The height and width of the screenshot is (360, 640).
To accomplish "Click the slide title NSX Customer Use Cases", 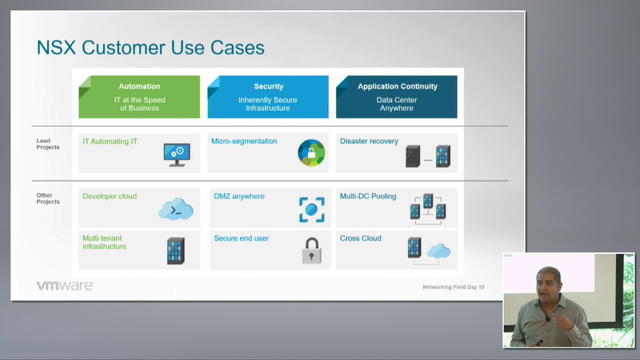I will click(x=150, y=47).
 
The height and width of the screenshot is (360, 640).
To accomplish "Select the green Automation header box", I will click(x=139, y=96).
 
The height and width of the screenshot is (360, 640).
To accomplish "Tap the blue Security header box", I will click(x=268, y=96).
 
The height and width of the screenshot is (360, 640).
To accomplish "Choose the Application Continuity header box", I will click(x=396, y=96).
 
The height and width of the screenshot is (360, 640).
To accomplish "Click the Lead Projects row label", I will click(x=47, y=144).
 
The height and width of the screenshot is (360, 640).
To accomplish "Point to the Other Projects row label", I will click(x=47, y=198).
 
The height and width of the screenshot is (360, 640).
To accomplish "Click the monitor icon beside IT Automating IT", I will click(x=176, y=154).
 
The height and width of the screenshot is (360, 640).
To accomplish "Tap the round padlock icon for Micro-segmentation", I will click(x=311, y=152).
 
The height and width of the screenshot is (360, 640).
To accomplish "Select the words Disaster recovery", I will click(x=369, y=141).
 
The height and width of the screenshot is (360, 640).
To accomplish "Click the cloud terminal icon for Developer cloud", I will click(x=176, y=209).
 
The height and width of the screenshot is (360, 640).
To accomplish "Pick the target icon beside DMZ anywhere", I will click(x=311, y=209).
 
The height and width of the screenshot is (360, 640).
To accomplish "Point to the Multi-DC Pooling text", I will click(x=368, y=196).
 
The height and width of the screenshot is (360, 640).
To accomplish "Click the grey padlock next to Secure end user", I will click(x=311, y=250).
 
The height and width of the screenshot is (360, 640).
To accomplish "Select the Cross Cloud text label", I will click(x=360, y=238).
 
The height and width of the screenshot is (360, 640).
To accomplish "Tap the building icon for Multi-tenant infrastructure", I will click(x=175, y=250).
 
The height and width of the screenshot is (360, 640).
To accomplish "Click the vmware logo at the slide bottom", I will click(x=64, y=285).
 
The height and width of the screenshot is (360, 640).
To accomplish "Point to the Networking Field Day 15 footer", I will click(x=453, y=287).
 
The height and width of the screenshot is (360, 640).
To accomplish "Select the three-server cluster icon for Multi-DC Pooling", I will click(x=428, y=207).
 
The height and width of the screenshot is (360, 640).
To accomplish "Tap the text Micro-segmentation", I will click(x=244, y=141).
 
